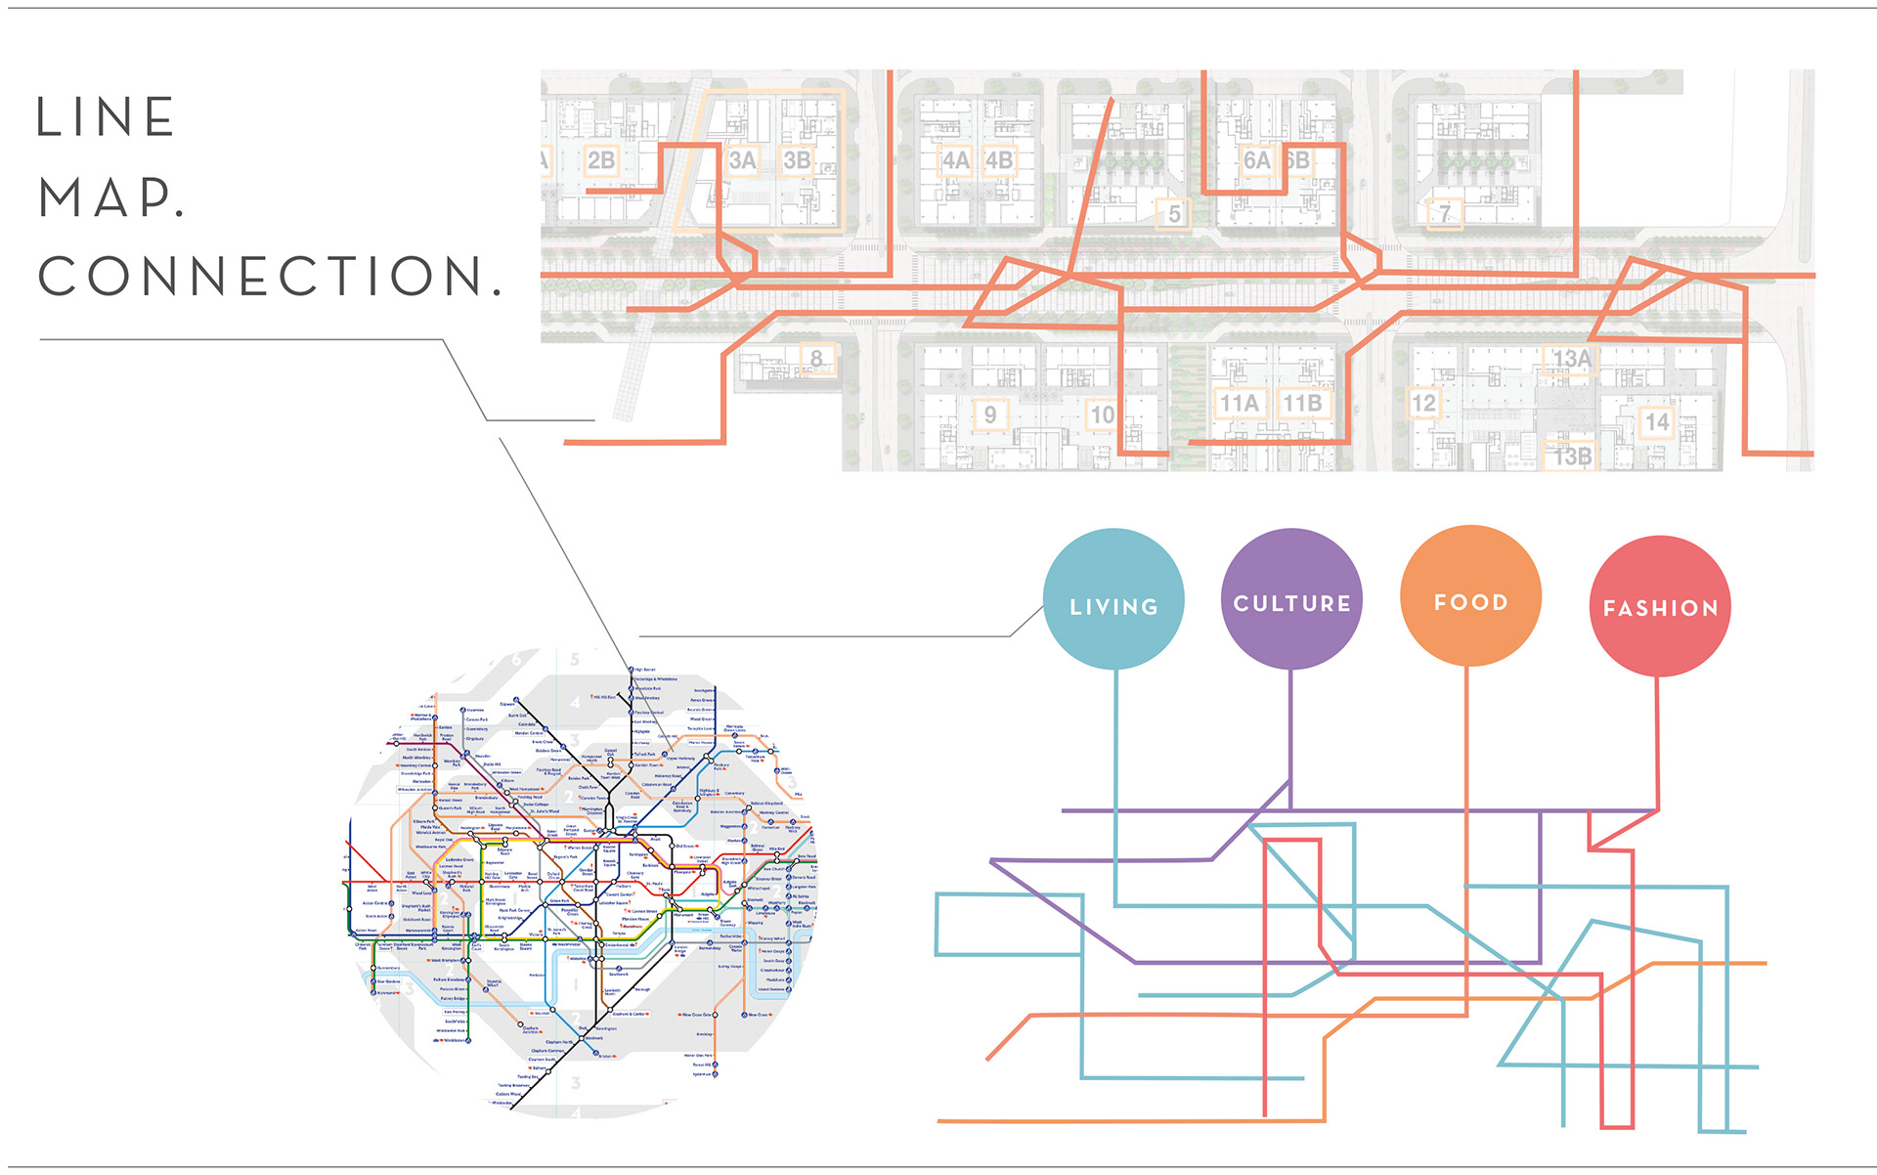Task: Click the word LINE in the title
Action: (106, 117)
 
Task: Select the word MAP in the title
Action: (110, 197)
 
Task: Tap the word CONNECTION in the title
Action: (269, 277)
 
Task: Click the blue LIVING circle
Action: (1113, 599)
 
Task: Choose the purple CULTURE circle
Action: (1291, 598)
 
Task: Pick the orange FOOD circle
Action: (1470, 595)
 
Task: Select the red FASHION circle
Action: (1660, 605)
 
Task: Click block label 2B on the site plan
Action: (600, 159)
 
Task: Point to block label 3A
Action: (743, 159)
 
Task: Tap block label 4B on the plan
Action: (999, 159)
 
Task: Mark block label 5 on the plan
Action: (1174, 213)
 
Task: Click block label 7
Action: (1444, 213)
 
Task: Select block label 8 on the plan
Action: (816, 359)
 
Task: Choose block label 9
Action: (989, 414)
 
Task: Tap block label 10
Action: (1102, 414)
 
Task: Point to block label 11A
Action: (1239, 403)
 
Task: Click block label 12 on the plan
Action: (1423, 403)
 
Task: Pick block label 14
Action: (1656, 421)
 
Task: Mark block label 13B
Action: (1573, 457)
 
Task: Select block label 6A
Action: (1256, 159)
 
